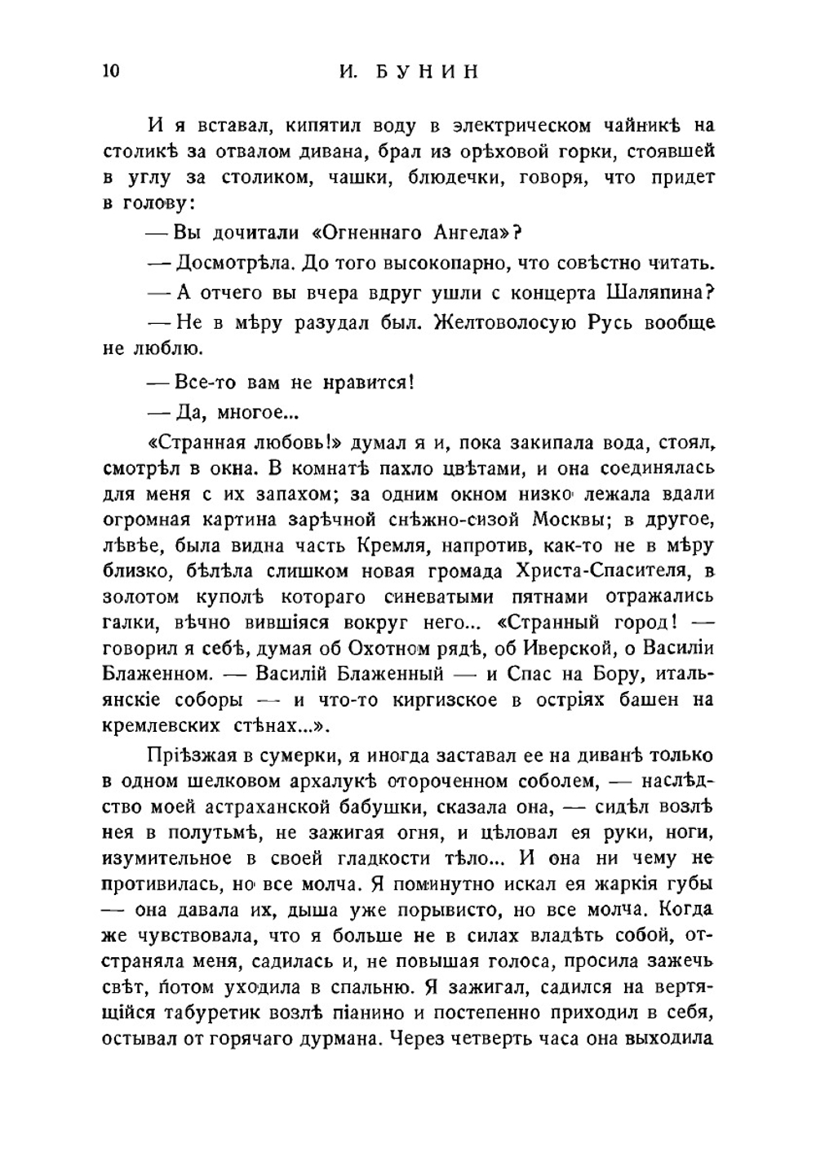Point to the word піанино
pyautogui.click(x=410, y=1013)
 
